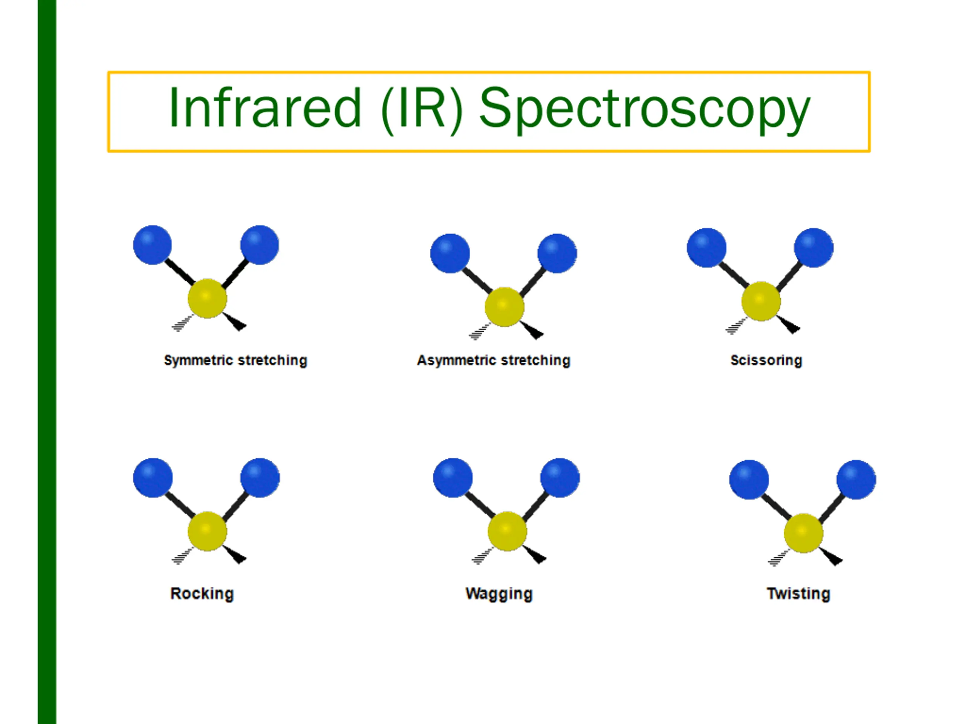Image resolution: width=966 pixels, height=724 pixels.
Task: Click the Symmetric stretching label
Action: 235,360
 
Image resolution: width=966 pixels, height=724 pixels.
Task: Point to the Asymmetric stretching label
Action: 494,360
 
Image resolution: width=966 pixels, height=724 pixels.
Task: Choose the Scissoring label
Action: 766,360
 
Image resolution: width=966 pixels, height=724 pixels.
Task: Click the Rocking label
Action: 202,594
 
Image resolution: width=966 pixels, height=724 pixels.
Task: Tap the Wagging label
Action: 499,594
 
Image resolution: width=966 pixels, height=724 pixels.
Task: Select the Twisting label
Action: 798,594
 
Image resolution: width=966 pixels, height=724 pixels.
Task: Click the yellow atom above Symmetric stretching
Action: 208,299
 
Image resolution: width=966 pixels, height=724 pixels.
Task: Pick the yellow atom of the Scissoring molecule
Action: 761,301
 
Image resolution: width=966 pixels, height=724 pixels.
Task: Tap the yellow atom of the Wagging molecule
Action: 507,531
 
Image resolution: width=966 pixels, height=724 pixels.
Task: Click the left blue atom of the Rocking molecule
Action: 153,477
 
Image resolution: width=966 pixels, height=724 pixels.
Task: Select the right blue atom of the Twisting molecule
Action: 856,479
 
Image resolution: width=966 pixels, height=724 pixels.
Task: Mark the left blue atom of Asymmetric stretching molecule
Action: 450,253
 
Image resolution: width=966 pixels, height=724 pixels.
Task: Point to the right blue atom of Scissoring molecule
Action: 814,247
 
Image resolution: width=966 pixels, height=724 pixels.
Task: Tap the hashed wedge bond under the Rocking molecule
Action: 183,555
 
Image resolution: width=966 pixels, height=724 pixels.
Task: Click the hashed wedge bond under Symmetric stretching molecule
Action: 183,323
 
